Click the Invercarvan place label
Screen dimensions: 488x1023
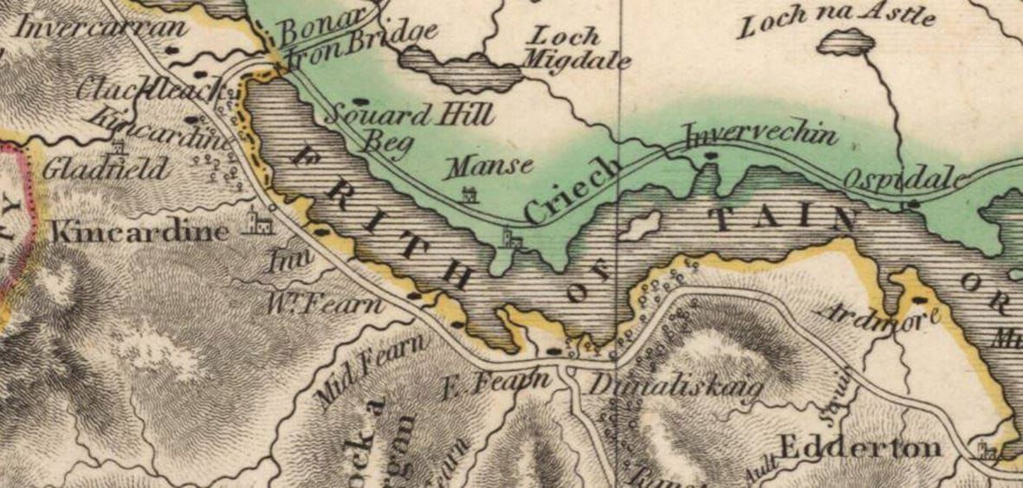coord(101,28)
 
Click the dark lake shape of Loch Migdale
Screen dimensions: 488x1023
coord(463,69)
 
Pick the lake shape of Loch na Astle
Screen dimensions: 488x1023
coord(845,42)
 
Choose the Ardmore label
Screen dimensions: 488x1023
coord(878,317)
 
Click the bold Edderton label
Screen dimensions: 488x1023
coord(859,447)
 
